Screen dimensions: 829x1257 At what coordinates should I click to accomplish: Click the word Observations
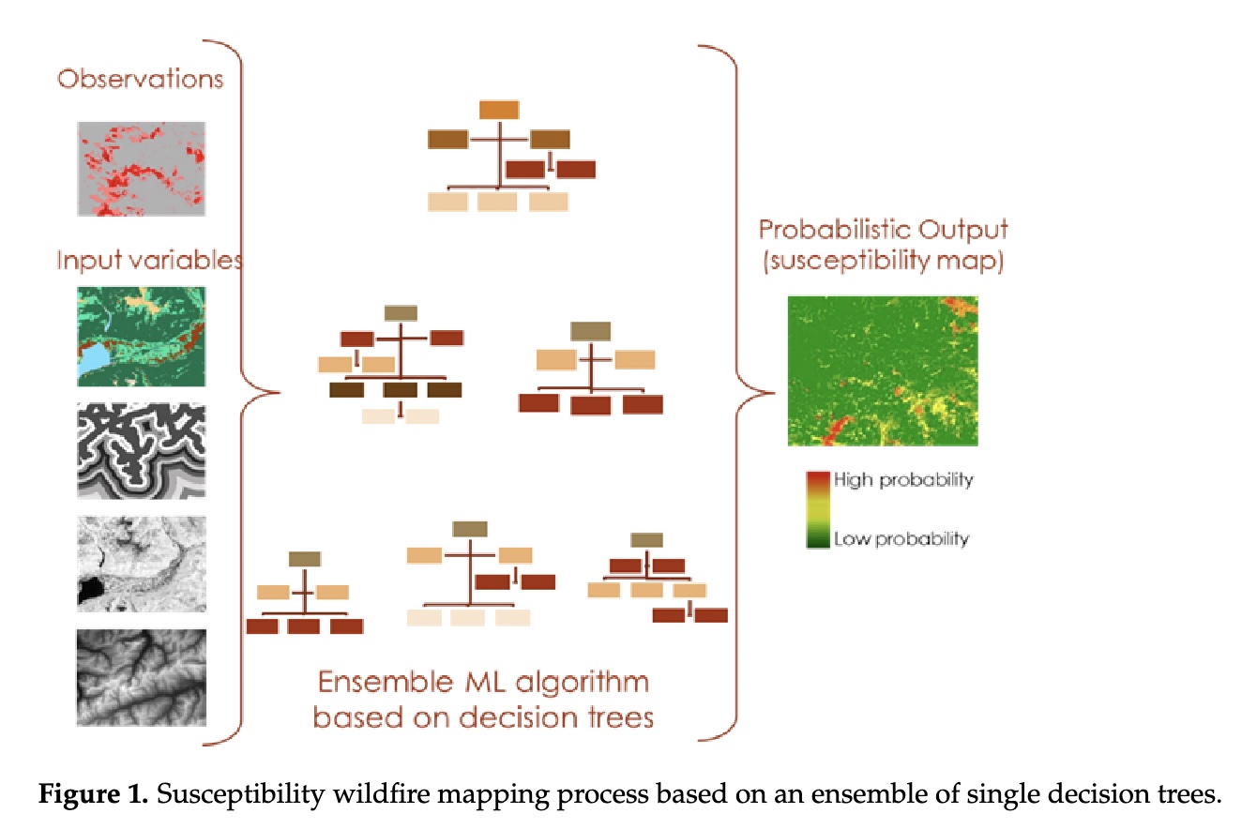[x=141, y=78]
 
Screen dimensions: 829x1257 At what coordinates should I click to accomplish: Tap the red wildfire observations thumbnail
[x=141, y=169]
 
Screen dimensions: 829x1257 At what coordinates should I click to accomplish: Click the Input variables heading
[x=149, y=259]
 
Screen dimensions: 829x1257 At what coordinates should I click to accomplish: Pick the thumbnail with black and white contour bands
[x=141, y=451]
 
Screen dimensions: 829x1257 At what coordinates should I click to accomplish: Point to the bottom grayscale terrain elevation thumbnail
[x=141, y=676]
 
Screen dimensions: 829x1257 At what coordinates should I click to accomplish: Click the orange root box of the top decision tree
[x=499, y=109]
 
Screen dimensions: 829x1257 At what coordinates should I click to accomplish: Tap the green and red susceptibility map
[x=883, y=370]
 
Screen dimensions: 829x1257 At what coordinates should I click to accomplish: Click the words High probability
[x=903, y=480]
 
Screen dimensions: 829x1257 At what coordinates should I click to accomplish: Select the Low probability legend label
[x=901, y=538]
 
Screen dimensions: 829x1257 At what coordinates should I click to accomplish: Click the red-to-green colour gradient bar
[x=817, y=509]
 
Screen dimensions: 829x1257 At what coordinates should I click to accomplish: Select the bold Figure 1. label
[x=91, y=795]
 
